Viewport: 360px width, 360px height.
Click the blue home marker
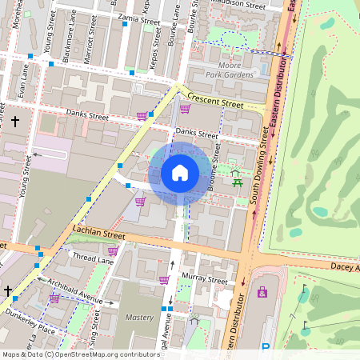click(x=180, y=173)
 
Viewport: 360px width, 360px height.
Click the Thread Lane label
click(x=94, y=258)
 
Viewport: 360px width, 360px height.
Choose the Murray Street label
click(x=205, y=280)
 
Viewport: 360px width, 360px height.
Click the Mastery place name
click(x=139, y=318)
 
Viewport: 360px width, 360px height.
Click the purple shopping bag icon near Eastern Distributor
click(x=262, y=292)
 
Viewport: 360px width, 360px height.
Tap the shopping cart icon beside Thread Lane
click(x=113, y=251)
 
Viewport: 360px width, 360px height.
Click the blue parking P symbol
click(x=266, y=348)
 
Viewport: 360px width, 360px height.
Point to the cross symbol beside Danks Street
click(x=15, y=122)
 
